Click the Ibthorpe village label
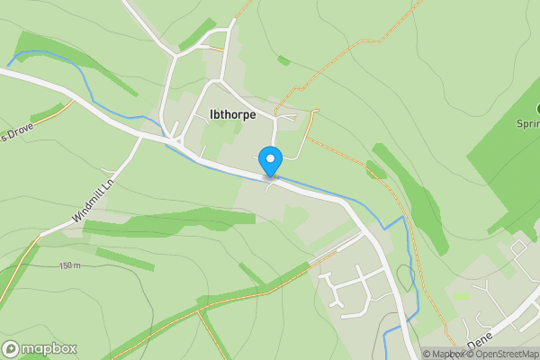pyautogui.click(x=232, y=114)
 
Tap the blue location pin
pyautogui.click(x=270, y=161)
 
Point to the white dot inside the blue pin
pyautogui.click(x=270, y=158)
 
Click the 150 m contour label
pyautogui.click(x=71, y=265)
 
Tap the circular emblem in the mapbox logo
pyautogui.click(x=11, y=348)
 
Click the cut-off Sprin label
pyautogui.click(x=527, y=123)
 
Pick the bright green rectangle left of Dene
pyautogui.click(x=461, y=296)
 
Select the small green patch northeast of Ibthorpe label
pyautogui.click(x=283, y=60)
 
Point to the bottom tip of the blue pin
pyautogui.click(x=270, y=176)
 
